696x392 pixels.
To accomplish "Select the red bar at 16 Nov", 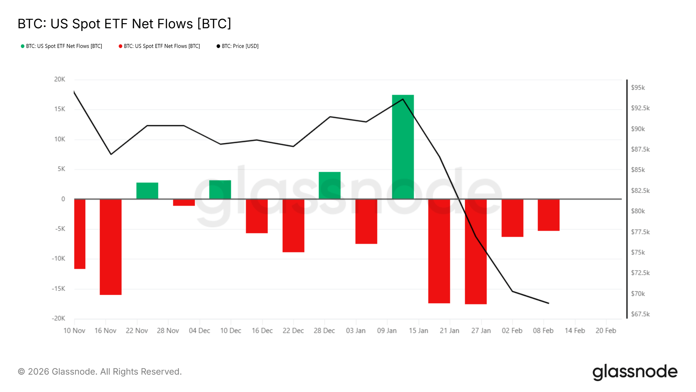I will pyautogui.click(x=110, y=247).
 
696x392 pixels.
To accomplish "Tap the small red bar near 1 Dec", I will pyautogui.click(x=184, y=202).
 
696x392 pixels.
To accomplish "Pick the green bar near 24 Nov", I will pyautogui.click(x=147, y=191).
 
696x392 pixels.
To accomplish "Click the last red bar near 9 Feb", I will pyautogui.click(x=549, y=215).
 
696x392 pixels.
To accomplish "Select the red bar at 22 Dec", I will pyautogui.click(x=293, y=226).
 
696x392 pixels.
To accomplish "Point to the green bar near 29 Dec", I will pyautogui.click(x=330, y=185).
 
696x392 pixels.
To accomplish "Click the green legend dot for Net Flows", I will pyautogui.click(x=22, y=46).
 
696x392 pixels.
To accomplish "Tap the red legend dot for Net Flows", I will pyautogui.click(x=120, y=46).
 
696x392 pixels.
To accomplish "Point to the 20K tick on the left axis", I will pyautogui.click(x=59, y=79).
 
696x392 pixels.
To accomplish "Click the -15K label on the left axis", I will pyautogui.click(x=58, y=289).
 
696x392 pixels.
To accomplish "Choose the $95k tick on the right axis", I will pyautogui.click(x=638, y=88).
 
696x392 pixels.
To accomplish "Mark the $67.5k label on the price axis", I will pyautogui.click(x=640, y=314).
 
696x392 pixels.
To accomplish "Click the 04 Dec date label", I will pyautogui.click(x=199, y=331).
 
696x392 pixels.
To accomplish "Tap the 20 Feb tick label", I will pyautogui.click(x=606, y=331).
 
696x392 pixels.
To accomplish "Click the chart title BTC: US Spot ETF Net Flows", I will pyautogui.click(x=124, y=24).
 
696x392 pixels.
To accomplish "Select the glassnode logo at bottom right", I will pyautogui.click(x=635, y=372).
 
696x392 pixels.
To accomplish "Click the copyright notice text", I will pyautogui.click(x=100, y=372).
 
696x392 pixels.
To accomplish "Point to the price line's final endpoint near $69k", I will pyautogui.click(x=549, y=303).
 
